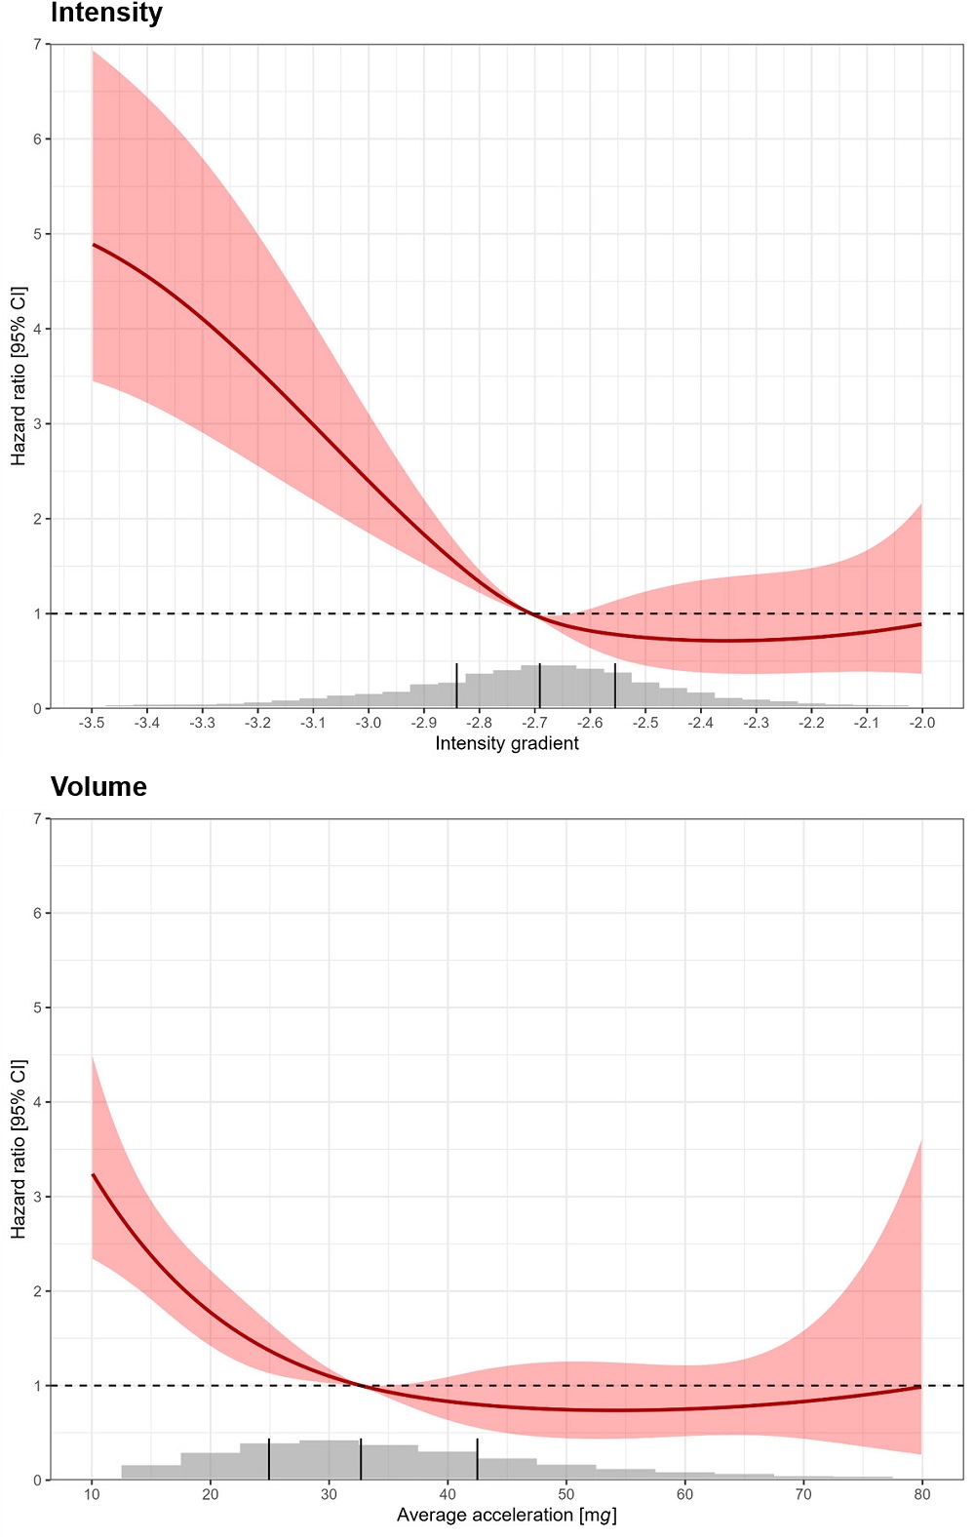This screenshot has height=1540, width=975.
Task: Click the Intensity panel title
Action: point(106,14)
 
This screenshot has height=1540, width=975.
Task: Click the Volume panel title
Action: point(98,787)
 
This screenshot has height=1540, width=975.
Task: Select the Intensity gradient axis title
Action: point(506,743)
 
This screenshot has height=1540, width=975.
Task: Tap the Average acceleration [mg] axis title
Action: point(506,1515)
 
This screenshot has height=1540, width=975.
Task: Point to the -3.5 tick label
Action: point(92,723)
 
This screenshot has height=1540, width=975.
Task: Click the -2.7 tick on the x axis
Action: point(534,723)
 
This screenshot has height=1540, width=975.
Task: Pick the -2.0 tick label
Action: point(921,723)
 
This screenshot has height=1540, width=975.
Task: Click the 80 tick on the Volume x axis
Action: point(921,1494)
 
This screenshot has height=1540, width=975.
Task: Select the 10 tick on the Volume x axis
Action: point(92,1494)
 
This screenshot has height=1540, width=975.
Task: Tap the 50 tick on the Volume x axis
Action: point(565,1494)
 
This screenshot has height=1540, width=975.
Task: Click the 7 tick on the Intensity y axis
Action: point(37,45)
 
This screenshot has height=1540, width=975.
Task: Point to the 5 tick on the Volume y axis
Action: point(37,1007)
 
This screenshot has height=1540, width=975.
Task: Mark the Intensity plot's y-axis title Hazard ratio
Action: point(19,375)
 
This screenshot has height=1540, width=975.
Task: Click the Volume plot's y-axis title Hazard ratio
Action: point(19,1149)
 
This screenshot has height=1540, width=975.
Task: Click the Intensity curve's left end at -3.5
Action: point(94,245)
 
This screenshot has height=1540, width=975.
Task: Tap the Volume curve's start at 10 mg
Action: point(93,1175)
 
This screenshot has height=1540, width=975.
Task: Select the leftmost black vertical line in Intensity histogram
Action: point(456,686)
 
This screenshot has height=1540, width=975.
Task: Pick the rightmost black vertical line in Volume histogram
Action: point(478,1459)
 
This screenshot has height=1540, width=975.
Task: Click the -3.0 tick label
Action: point(368,723)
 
